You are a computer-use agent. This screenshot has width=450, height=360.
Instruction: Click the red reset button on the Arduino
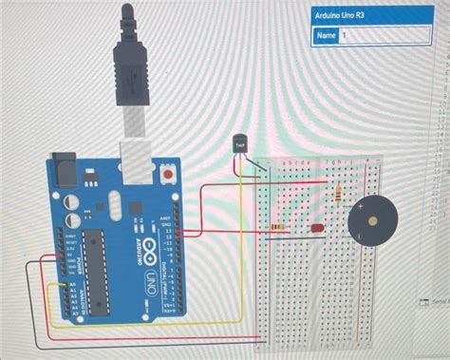point(169,177)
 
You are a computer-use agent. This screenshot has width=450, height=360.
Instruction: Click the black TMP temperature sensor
point(240,145)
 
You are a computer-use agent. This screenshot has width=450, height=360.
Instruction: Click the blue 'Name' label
point(326,36)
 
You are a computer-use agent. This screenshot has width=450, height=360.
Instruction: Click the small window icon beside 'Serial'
point(423,301)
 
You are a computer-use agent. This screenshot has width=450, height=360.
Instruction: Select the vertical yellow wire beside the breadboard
point(258,256)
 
